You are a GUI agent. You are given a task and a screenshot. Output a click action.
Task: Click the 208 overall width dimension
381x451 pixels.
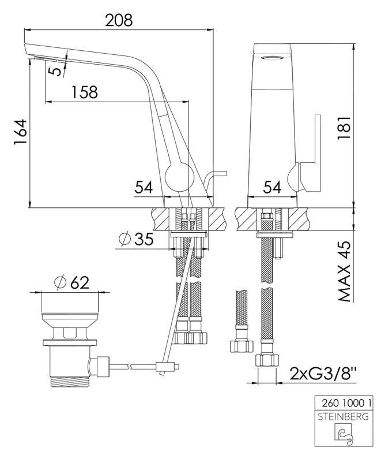click(119, 20)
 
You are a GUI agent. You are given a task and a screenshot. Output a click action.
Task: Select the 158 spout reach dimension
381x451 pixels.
click(85, 91)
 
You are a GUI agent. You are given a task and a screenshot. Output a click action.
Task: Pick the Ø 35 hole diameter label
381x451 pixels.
click(136, 239)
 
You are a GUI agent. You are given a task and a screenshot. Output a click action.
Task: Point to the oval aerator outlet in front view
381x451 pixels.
click(273, 58)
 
